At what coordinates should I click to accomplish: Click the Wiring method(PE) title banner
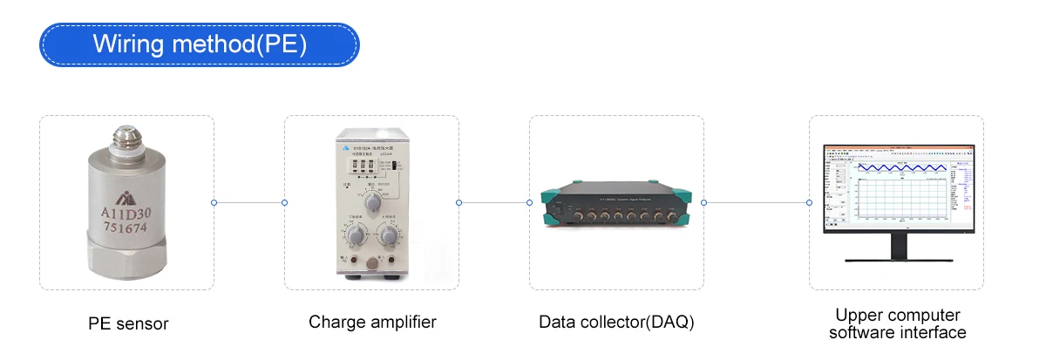(200, 44)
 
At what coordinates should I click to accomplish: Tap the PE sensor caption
(128, 324)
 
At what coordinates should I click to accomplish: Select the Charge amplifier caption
(372, 323)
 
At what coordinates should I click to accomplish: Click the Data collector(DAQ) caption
(616, 323)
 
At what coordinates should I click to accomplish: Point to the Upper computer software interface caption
(897, 323)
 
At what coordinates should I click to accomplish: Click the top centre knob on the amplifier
(373, 202)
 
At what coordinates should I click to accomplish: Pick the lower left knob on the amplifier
(355, 236)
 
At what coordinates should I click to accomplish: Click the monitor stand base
(897, 259)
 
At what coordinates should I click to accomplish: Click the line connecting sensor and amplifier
(249, 203)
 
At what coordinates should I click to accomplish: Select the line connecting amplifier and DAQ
(494, 203)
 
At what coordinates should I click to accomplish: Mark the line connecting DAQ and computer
(757, 203)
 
